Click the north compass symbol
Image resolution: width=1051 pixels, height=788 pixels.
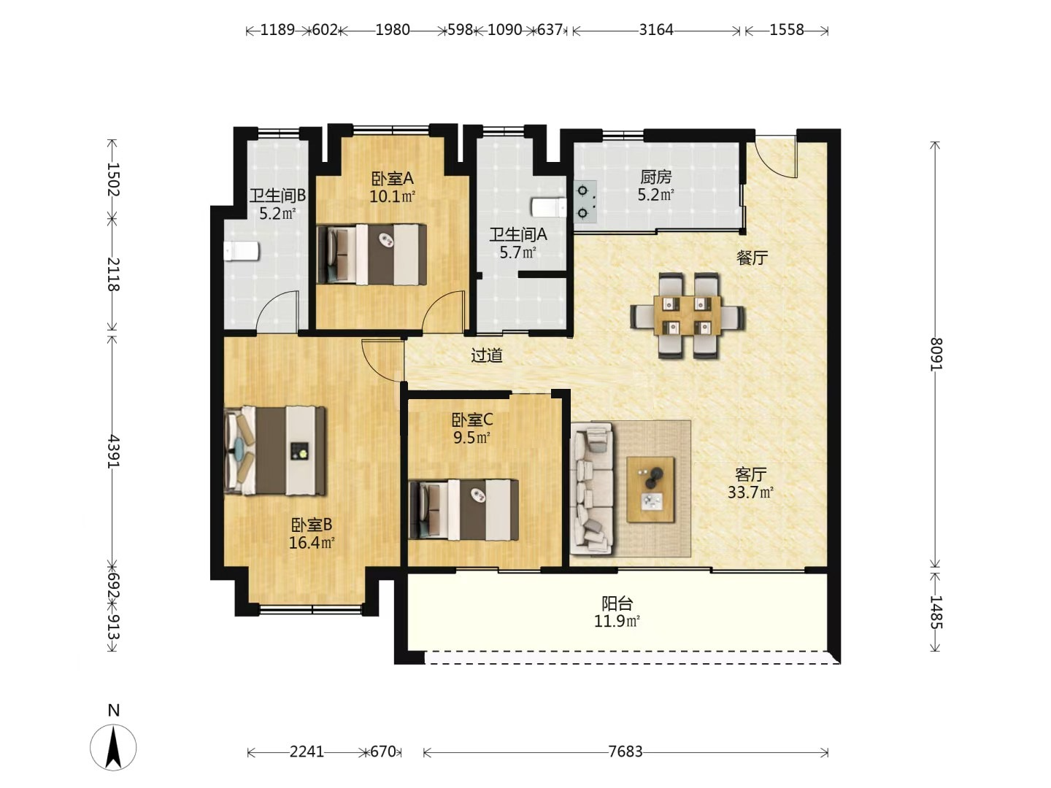[x=113, y=747]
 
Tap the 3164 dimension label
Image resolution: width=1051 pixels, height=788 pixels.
[x=656, y=30]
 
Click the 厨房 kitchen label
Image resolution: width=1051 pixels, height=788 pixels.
[x=656, y=177]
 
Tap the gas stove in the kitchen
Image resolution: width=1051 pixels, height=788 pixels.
[x=585, y=202]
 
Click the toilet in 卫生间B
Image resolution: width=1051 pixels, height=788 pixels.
[x=242, y=251]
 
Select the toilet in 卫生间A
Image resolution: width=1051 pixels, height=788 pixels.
[x=549, y=208]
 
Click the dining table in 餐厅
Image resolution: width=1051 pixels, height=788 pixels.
[x=688, y=316]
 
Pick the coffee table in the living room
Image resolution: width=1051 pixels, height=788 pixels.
[x=651, y=490]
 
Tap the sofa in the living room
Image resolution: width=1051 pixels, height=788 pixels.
[x=592, y=492]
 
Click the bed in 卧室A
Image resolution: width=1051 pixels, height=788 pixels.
[x=371, y=255]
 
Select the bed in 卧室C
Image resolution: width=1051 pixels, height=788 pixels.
[x=463, y=509]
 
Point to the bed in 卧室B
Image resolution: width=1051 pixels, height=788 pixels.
[x=275, y=451]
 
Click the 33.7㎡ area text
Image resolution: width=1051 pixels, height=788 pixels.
[x=750, y=492]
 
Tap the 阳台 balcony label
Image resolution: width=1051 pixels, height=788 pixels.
[x=617, y=603]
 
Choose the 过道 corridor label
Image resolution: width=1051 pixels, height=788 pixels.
[x=487, y=355]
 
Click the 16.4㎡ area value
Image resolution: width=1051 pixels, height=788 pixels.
[x=311, y=543]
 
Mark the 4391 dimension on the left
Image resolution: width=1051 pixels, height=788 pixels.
[x=113, y=450]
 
